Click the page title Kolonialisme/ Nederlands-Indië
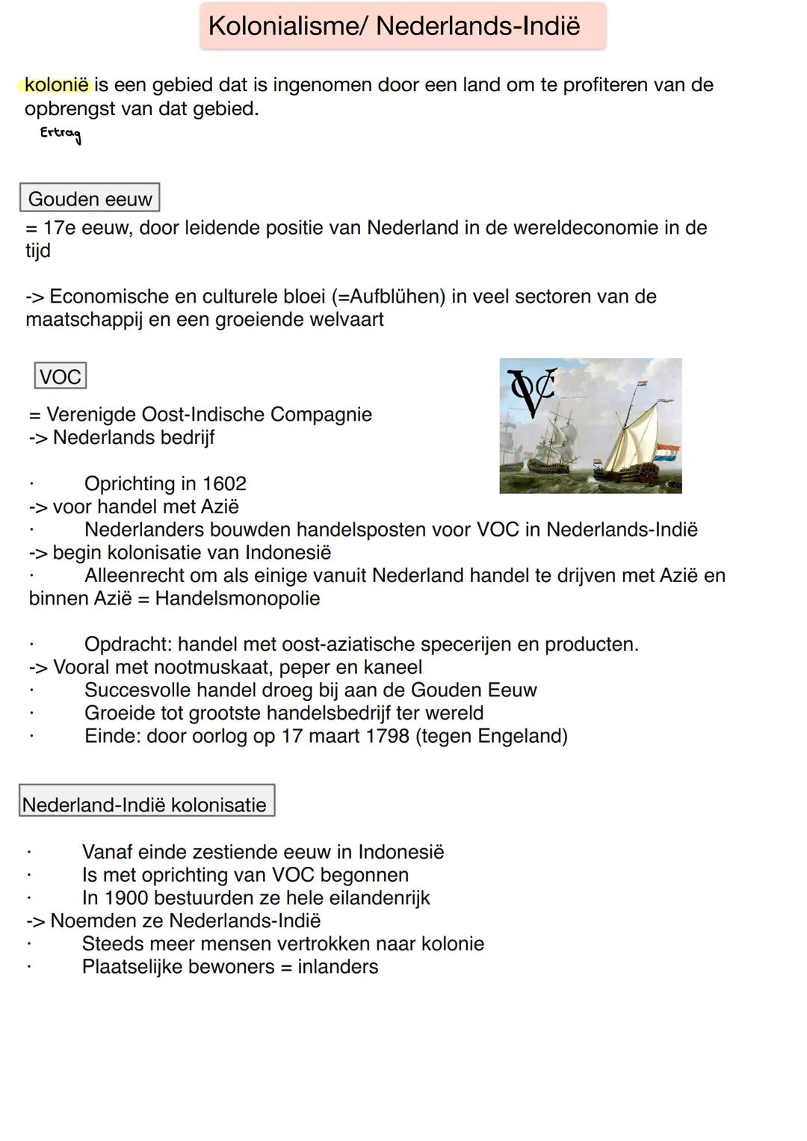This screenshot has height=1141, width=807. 394,26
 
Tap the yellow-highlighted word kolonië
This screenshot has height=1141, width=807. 56,85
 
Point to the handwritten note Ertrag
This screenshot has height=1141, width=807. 61,134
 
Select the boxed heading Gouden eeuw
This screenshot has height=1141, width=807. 90,199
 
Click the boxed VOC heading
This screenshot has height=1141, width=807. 61,376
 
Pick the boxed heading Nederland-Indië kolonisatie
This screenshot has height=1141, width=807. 145,805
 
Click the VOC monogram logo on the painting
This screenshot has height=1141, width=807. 532,392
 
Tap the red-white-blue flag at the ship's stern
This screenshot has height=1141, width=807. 667,453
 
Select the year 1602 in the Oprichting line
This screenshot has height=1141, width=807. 224,483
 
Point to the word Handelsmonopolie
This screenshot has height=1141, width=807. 238,599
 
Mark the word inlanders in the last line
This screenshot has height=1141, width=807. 338,967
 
